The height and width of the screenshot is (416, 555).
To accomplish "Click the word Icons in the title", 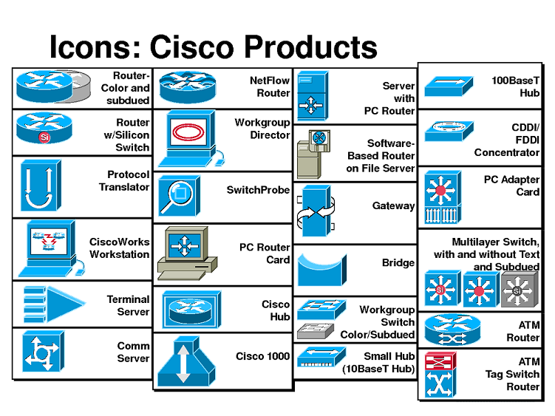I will tap(94, 47).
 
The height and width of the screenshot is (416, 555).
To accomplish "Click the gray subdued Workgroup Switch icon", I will tap(316, 330).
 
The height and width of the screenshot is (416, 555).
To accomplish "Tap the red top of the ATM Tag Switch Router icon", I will tap(440, 360).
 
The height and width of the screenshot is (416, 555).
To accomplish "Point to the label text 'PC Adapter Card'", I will tap(511, 185).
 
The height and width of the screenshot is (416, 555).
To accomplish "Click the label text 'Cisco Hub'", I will tap(275, 310).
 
